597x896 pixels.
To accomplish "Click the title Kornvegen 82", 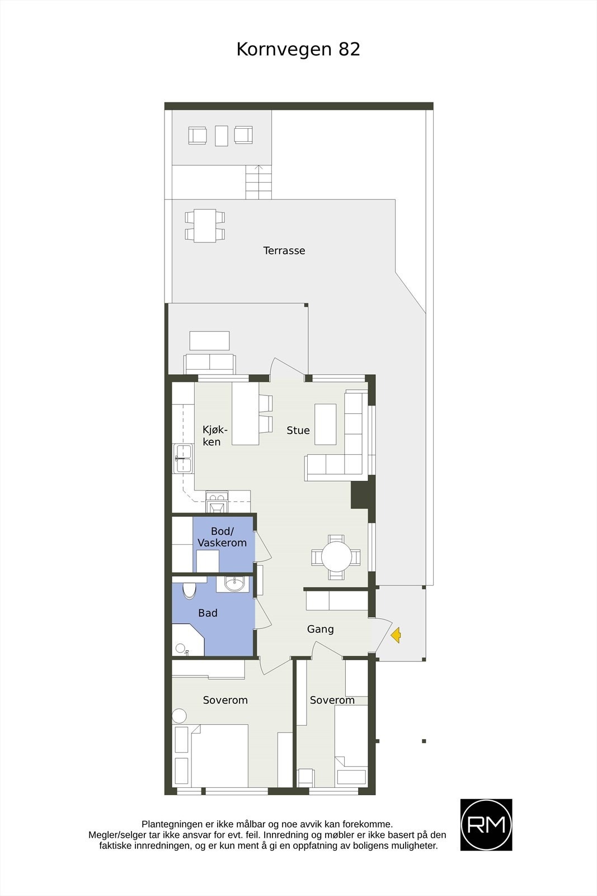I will (298, 49).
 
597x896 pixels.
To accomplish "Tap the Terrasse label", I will (284, 250).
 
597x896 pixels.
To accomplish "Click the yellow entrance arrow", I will (396, 635).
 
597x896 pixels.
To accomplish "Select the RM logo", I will (486, 825).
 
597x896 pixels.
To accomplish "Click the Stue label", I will (298, 430).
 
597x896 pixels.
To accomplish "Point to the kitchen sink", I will (183, 459).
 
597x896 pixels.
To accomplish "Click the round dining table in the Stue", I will (336, 557).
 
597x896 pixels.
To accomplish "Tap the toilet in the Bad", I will (189, 590).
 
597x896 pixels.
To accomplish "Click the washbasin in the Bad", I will (235, 584).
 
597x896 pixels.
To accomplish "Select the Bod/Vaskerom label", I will (222, 536).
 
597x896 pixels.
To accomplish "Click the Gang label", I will (320, 629).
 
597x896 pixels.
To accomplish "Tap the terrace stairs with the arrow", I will (258, 182).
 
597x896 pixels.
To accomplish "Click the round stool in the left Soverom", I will (179, 716).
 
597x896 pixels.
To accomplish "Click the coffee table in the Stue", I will (325, 424).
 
